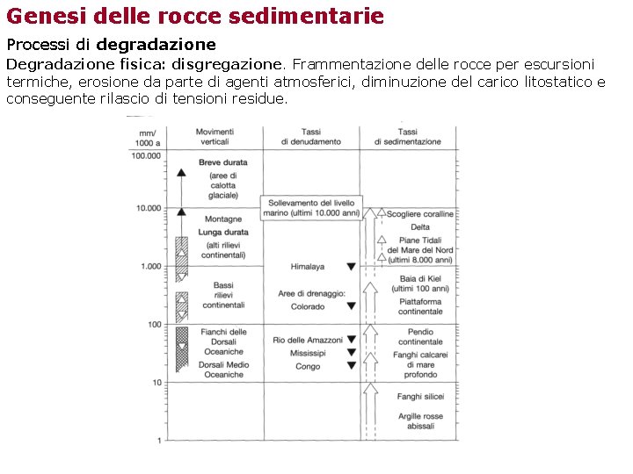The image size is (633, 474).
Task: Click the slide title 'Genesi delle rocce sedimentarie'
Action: click(x=195, y=16)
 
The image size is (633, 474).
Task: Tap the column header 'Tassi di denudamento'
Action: click(x=310, y=136)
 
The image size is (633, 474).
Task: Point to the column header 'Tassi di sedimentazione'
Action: click(x=407, y=136)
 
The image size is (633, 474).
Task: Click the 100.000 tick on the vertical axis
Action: click(x=146, y=156)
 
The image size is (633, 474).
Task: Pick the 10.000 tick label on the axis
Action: click(x=149, y=209)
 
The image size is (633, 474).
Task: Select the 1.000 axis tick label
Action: click(x=150, y=266)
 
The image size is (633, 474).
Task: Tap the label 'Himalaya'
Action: click(x=307, y=267)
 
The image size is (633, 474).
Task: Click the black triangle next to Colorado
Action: click(x=351, y=306)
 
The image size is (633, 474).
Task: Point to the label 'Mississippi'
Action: click(x=307, y=353)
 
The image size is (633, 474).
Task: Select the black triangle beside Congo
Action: click(x=351, y=366)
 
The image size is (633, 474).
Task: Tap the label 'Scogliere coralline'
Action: click(x=420, y=214)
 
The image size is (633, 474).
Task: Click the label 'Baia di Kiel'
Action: click(x=420, y=278)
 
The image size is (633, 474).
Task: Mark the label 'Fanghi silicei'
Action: click(x=420, y=397)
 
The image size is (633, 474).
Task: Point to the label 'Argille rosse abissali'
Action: click(x=420, y=421)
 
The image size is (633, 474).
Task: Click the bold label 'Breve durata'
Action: click(x=223, y=162)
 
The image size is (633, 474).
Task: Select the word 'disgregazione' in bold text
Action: click(x=228, y=64)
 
